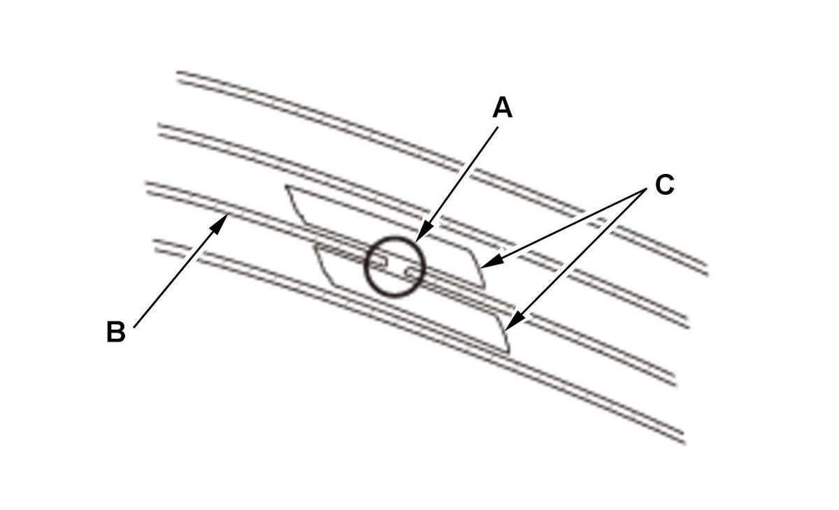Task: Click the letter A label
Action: click(502, 108)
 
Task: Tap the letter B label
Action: click(116, 332)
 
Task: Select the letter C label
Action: click(665, 184)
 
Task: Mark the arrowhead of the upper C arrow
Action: click(491, 261)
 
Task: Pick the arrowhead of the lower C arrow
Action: click(512, 322)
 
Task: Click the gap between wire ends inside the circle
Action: click(395, 268)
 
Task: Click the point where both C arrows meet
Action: click(647, 189)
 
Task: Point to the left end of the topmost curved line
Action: click(178, 76)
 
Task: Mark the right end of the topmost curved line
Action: click(707, 270)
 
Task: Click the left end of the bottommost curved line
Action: click(155, 246)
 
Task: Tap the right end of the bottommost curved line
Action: click(684, 438)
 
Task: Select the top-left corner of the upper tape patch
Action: click(285, 185)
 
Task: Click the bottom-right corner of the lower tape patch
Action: click(509, 353)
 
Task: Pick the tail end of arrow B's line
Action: click(134, 328)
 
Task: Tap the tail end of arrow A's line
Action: click(498, 127)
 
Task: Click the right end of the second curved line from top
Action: click(688, 323)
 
